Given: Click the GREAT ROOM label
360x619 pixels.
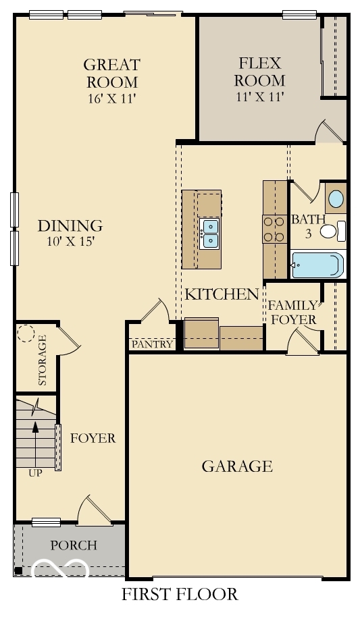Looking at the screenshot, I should tap(111, 74).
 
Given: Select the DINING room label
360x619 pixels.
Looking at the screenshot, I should tap(70, 226).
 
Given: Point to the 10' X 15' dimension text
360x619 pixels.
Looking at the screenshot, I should tap(70, 242).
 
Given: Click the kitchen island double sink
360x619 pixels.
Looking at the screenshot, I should tap(209, 233).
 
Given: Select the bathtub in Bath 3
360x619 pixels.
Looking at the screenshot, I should tap(317, 265).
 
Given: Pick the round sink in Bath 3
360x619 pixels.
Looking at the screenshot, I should tap(335, 200).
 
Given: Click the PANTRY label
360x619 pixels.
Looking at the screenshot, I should tap(153, 344).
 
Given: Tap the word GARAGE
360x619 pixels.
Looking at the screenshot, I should tap(237, 466).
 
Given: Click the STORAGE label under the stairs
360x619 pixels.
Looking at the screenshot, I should tap(43, 361).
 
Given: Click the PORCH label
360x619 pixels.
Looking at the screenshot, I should tap(74, 545).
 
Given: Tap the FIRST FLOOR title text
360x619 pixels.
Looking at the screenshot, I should tap(180, 595).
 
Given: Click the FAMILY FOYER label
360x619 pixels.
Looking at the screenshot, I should tap(292, 312).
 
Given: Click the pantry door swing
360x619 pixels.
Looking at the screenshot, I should tap(157, 313).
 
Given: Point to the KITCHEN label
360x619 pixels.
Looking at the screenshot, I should tap(222, 294).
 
